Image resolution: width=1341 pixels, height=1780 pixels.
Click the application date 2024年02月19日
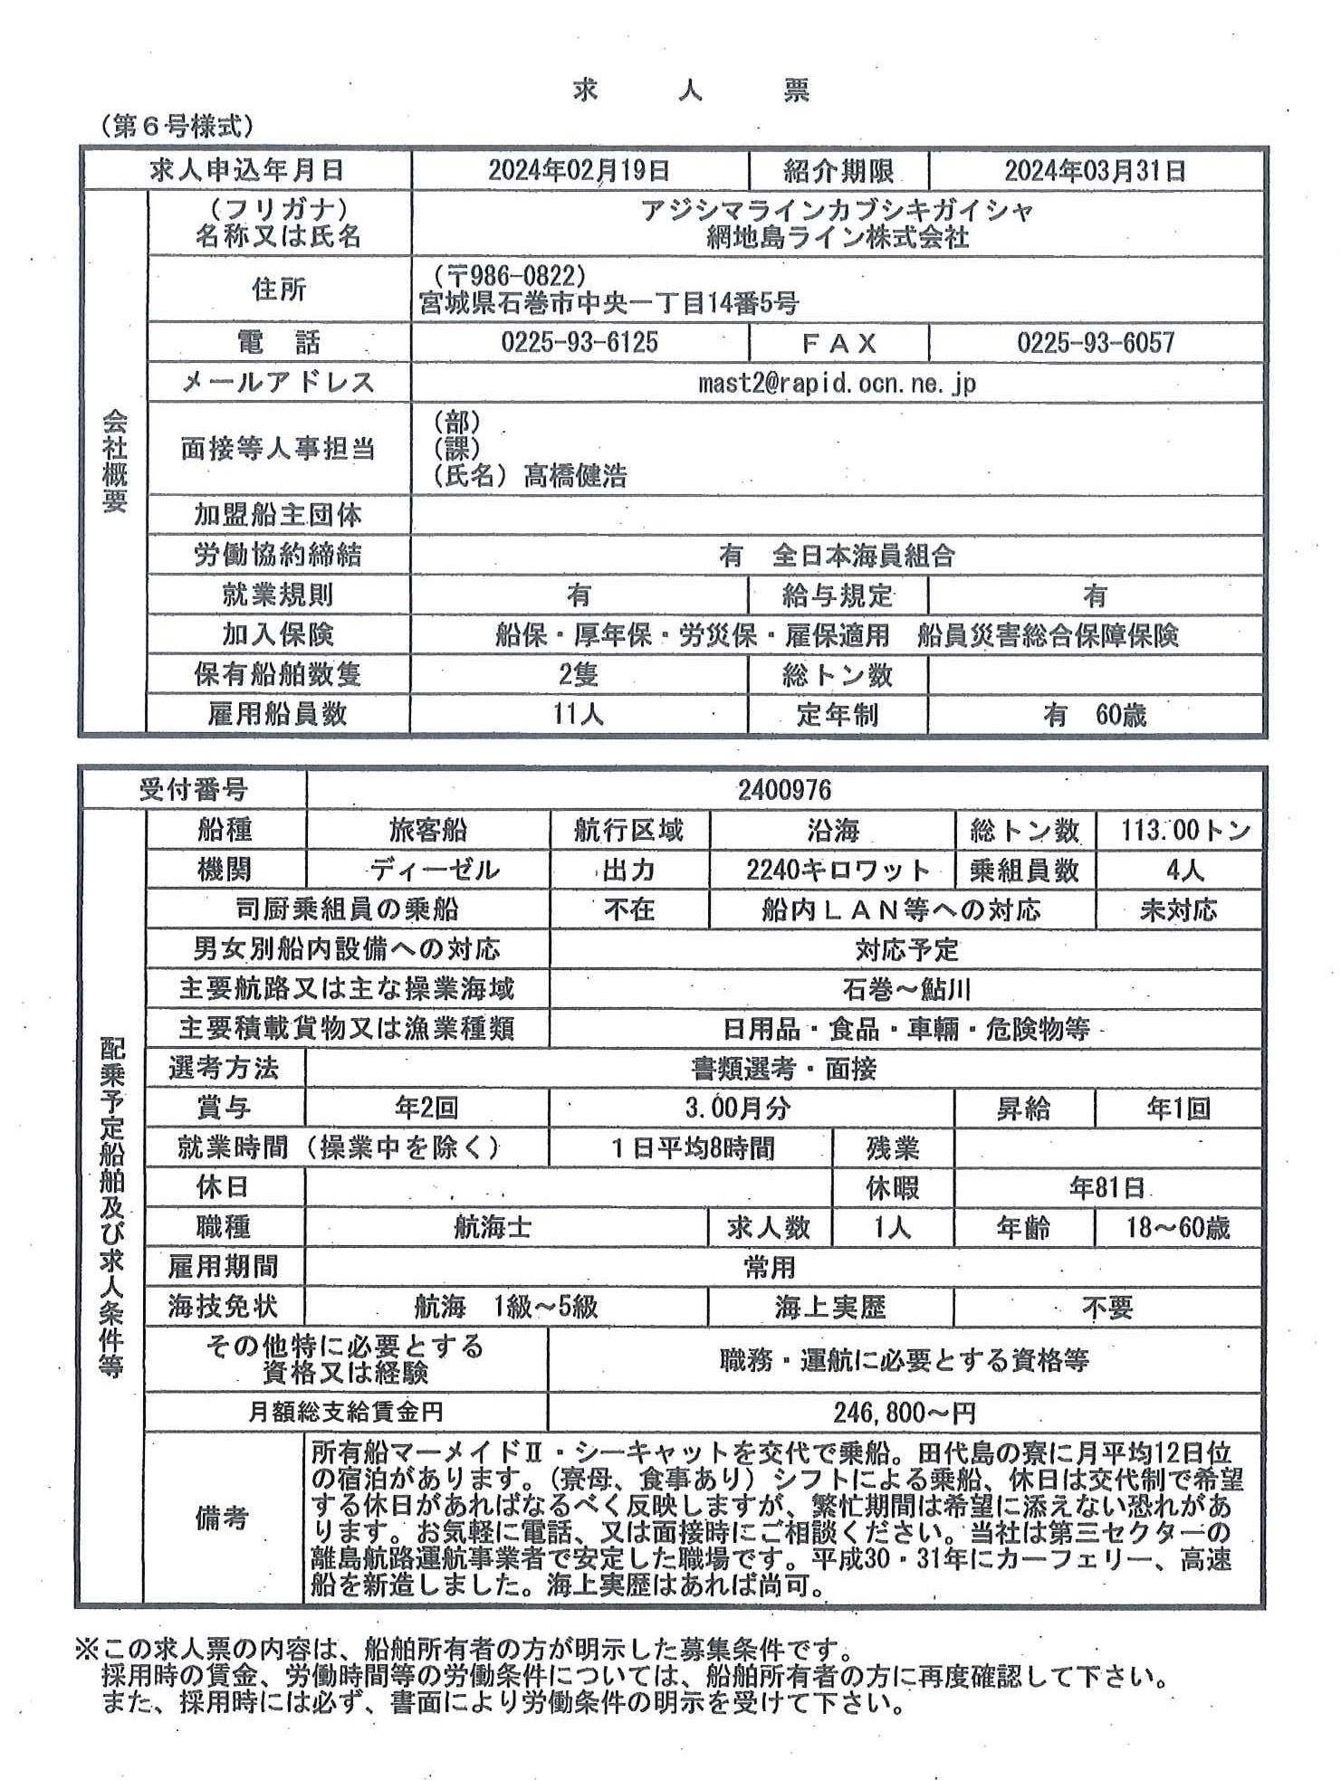pos(579,170)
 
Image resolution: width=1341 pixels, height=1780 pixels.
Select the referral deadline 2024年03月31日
pos(1095,170)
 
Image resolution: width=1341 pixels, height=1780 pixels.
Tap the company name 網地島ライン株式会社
pos(837,237)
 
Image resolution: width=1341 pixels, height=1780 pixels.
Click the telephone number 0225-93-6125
pos(579,342)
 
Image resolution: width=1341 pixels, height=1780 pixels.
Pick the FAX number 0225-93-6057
pos(1095,342)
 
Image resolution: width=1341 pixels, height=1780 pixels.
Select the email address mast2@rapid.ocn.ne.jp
pos(837,383)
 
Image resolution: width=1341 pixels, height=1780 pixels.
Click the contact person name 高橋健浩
pos(575,475)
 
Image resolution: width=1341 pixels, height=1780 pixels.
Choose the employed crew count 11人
pos(579,714)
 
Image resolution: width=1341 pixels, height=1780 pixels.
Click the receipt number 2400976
pos(784,790)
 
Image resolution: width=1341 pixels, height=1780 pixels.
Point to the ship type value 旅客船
pos(427,830)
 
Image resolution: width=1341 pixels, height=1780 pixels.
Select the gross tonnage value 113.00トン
pos(1177,830)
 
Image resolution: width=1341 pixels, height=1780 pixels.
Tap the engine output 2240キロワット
pos(838,870)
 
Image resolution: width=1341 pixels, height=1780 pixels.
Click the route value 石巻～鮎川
pos(905,989)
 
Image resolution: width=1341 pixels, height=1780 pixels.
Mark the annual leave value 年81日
pos(1106,1187)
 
